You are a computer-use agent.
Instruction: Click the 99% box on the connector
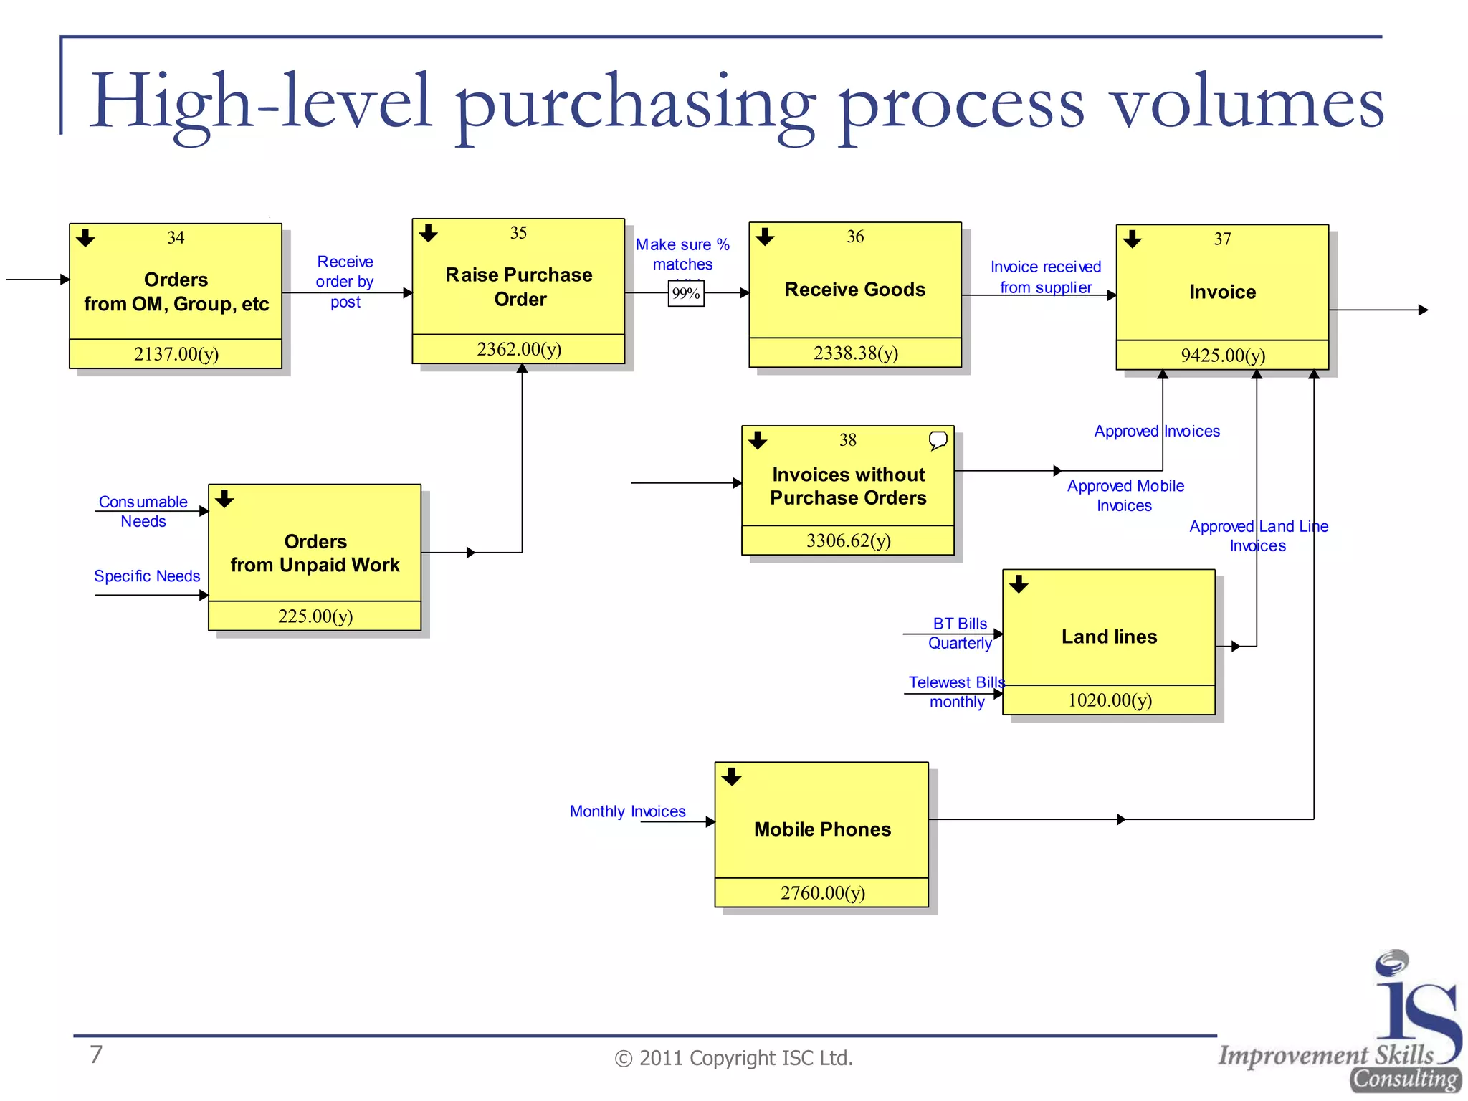coord(686,294)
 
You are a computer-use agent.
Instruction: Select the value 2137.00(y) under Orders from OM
coord(176,354)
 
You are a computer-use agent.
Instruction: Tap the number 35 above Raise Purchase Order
coord(518,233)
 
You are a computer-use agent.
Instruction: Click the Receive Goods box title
coord(854,290)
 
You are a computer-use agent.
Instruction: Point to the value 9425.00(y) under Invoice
coord(1223,356)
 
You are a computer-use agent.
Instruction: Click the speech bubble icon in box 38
coord(938,439)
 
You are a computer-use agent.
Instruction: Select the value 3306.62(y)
coord(848,540)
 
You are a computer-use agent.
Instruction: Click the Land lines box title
coord(1109,637)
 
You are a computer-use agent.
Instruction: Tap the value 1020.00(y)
coord(1110,700)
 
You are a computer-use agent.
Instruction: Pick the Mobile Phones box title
coord(822,829)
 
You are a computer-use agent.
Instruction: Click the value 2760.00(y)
coord(823,893)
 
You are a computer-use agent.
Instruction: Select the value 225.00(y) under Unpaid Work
coord(315,616)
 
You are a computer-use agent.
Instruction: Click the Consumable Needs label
coord(143,512)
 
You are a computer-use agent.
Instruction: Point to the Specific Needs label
coord(147,576)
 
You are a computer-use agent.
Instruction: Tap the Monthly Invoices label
coord(627,811)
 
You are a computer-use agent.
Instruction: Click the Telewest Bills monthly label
coord(956,692)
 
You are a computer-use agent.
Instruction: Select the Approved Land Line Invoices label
coord(1258,536)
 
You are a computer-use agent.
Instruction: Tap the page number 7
coord(96,1054)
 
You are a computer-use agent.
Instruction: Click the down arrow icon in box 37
coord(1133,239)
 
